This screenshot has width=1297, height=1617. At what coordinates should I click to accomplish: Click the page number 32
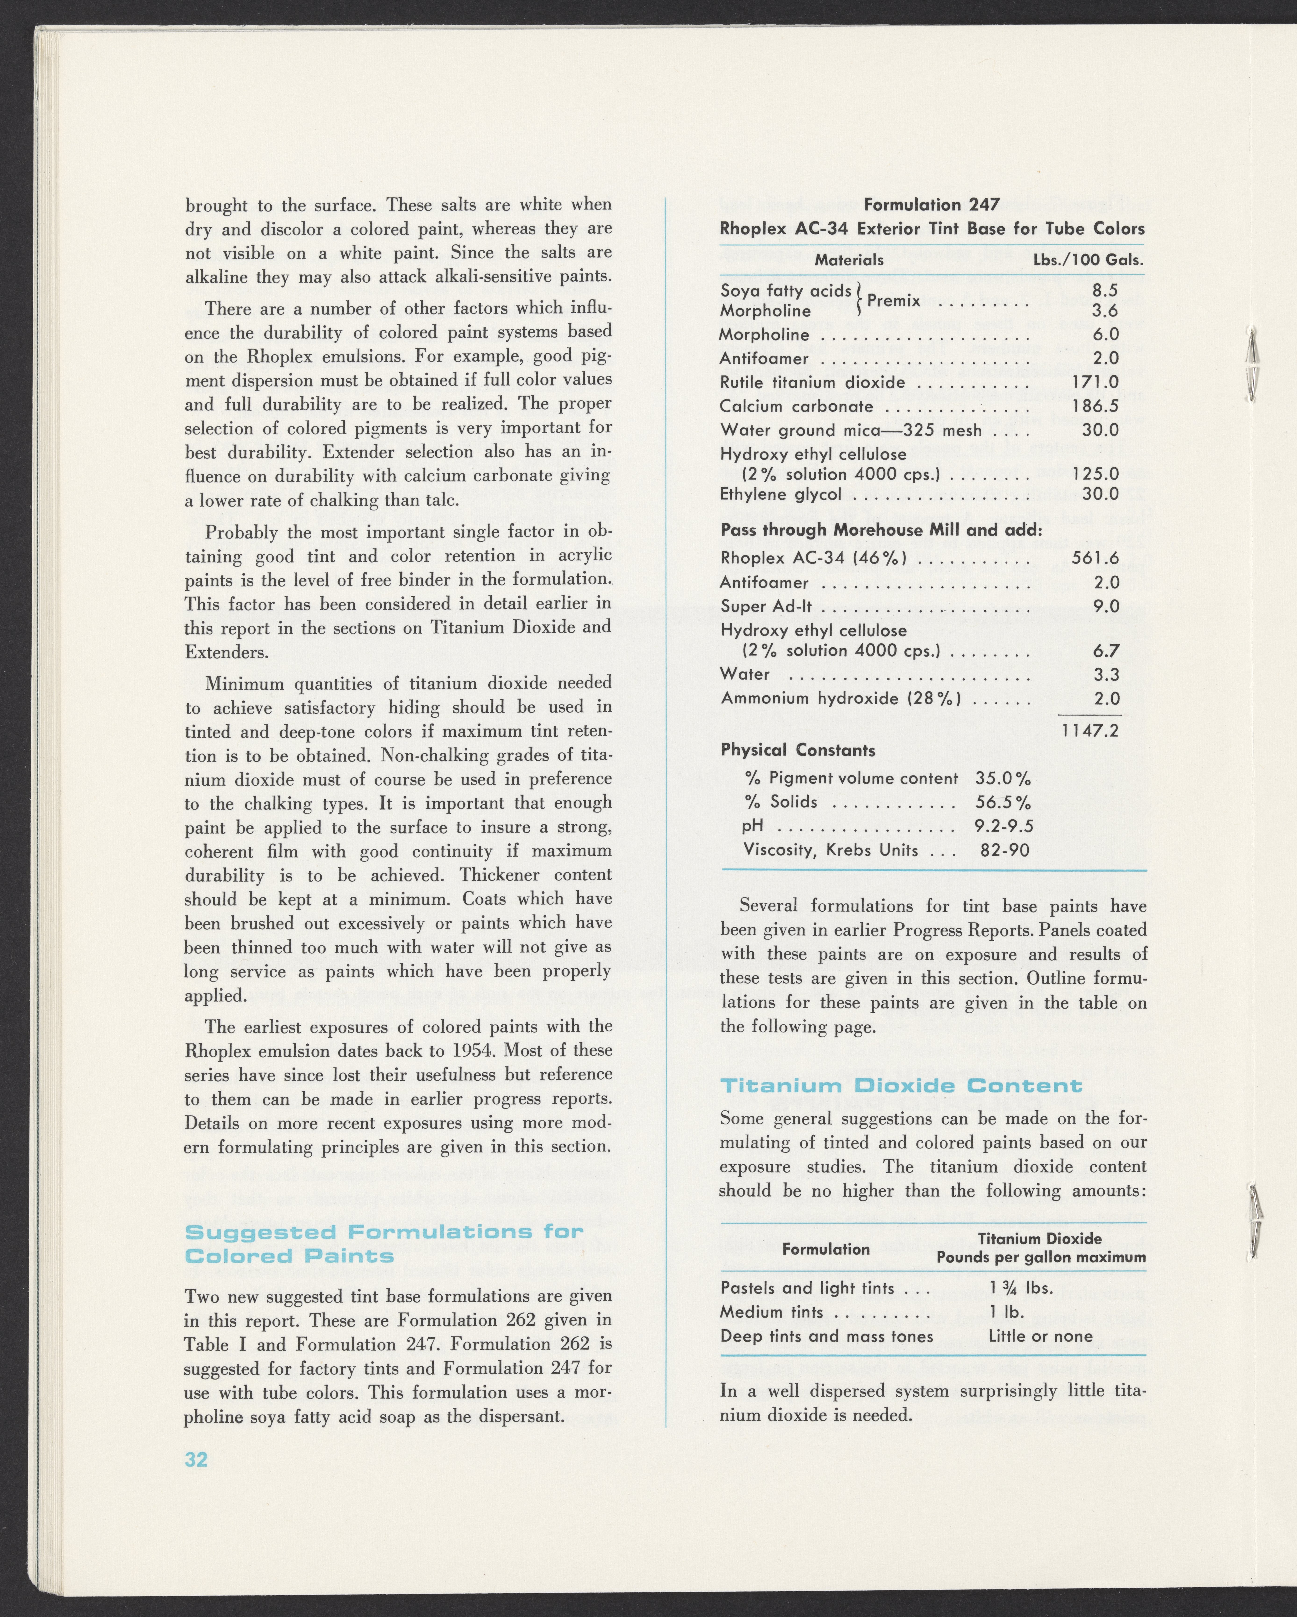(x=196, y=1459)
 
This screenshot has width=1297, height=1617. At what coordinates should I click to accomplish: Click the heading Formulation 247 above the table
(x=932, y=205)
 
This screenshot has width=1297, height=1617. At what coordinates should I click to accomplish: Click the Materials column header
(x=849, y=260)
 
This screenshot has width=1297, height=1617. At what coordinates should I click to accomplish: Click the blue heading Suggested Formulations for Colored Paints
(x=383, y=1243)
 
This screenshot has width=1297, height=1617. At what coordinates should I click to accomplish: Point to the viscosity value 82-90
(x=1004, y=850)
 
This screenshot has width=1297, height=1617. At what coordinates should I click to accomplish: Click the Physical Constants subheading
(x=797, y=750)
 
